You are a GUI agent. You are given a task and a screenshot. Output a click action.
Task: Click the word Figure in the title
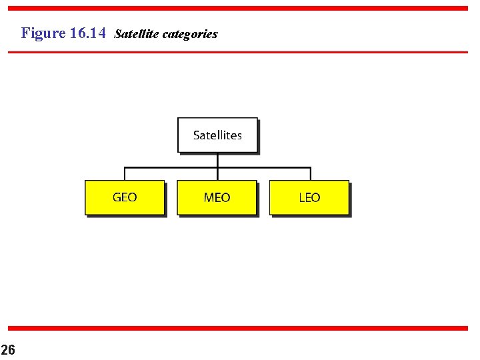[x=43, y=33]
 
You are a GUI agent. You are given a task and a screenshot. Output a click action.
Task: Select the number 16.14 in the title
[x=87, y=33]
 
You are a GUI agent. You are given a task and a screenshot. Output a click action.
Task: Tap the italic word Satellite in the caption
[x=135, y=33]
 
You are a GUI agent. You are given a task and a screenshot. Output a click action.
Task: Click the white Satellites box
[x=217, y=135]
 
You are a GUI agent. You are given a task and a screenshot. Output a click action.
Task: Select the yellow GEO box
[x=125, y=197]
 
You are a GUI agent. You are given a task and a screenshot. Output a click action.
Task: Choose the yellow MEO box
[x=217, y=197]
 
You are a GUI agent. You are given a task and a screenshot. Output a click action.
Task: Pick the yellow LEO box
[x=309, y=197]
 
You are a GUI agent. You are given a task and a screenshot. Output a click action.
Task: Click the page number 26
[x=8, y=350]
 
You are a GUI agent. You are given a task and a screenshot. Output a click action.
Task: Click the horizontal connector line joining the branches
[x=263, y=167]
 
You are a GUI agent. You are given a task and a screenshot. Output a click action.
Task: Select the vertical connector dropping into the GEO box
[x=125, y=173]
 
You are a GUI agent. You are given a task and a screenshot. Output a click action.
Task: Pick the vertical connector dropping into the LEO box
[x=309, y=173]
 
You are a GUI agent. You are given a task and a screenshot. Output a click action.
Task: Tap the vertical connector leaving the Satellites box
[x=217, y=159]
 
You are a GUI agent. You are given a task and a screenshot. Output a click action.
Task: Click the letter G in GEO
[x=117, y=197]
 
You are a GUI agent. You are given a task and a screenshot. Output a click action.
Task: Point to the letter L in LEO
[x=301, y=197]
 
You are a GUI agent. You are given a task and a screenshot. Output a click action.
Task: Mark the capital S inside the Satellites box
[x=197, y=135]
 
